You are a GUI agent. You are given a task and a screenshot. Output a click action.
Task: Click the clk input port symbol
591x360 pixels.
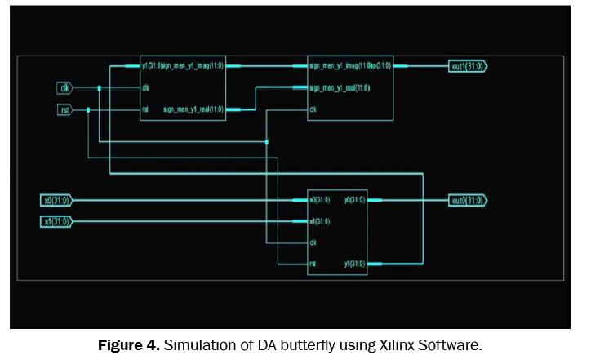[64, 88]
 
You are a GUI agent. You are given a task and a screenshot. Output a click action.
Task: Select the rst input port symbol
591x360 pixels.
[64, 109]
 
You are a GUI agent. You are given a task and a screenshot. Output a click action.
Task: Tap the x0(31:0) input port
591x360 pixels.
[56, 200]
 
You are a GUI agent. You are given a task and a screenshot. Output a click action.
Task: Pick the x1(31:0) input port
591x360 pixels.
[56, 221]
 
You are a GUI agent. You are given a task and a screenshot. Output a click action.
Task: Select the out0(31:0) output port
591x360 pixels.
[468, 200]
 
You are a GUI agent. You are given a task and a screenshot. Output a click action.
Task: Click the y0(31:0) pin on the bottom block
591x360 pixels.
[354, 200]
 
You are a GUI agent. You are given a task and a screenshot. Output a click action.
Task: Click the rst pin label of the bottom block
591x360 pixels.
[313, 264]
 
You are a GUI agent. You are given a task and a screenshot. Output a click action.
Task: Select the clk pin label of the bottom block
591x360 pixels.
[313, 242]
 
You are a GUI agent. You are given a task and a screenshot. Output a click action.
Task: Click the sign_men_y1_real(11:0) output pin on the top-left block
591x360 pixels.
[193, 109]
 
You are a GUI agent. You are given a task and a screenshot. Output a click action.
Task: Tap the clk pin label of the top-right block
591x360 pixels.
[313, 109]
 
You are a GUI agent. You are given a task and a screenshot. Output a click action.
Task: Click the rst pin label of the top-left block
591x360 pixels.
[145, 109]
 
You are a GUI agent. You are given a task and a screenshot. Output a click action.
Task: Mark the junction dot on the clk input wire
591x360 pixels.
[99, 88]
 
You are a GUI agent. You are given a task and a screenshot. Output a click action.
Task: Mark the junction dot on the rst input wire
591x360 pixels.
[88, 109]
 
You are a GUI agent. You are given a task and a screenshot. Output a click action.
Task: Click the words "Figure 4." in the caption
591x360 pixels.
[128, 345]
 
